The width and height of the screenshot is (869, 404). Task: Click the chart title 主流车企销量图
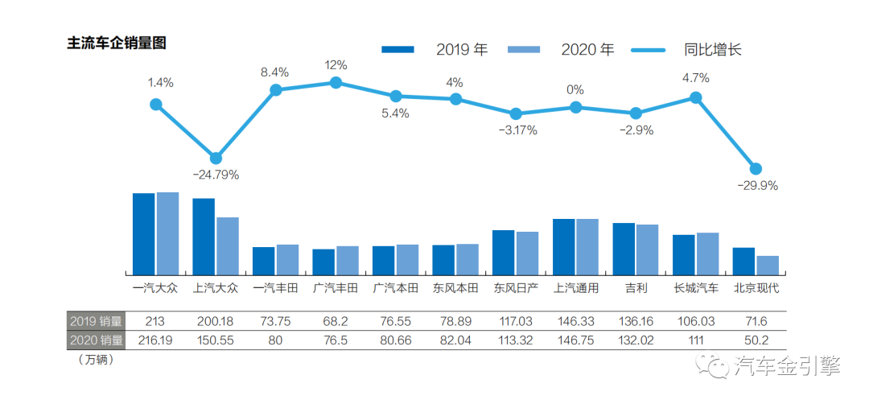tap(116, 43)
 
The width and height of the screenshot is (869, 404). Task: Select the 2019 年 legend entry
tap(435, 49)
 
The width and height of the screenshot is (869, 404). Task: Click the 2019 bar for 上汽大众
tap(204, 237)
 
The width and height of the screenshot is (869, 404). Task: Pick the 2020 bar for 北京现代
tap(768, 266)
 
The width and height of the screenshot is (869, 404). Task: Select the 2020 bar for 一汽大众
tap(167, 233)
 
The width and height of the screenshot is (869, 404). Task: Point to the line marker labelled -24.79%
tap(216, 158)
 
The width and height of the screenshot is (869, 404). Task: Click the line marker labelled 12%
tap(336, 82)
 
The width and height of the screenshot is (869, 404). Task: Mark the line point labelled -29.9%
tap(756, 168)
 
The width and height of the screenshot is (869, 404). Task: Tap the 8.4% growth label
tap(274, 72)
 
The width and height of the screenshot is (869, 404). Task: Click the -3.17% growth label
tap(515, 130)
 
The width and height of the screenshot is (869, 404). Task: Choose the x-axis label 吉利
tap(635, 288)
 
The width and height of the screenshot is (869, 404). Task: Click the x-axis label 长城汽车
tap(696, 288)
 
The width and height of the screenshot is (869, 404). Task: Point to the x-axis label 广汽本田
tap(395, 288)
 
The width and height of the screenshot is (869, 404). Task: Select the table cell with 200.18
tap(215, 320)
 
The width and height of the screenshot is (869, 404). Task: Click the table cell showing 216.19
tap(155, 340)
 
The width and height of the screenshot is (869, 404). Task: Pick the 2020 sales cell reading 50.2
tap(756, 340)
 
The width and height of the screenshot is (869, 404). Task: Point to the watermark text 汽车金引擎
tap(789, 366)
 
